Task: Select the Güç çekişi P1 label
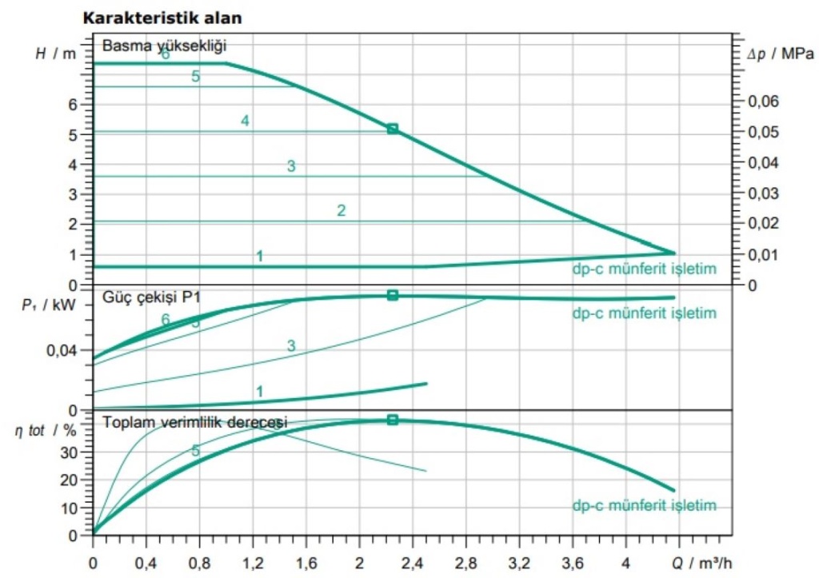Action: [x=151, y=297]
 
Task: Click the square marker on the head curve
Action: [x=392, y=129]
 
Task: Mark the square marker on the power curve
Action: [x=392, y=295]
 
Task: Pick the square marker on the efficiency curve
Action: [x=392, y=420]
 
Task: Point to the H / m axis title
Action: [x=56, y=54]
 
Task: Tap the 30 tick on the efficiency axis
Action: [x=70, y=452]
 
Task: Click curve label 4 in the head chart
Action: [x=245, y=121]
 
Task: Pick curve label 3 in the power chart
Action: [x=291, y=345]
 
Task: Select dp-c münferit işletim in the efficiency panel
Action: [x=644, y=505]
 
